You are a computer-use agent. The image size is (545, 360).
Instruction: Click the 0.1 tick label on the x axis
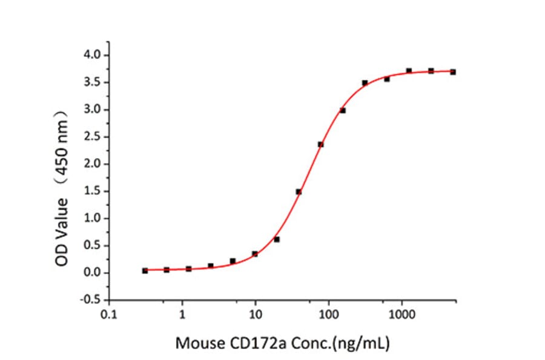[x=109, y=316]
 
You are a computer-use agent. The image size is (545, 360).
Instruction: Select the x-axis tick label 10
[x=256, y=316]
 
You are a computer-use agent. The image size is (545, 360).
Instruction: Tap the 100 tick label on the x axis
[x=329, y=316]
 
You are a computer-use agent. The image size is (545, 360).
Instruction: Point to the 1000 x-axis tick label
[x=402, y=316]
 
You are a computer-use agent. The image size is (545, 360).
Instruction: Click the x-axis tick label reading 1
[x=182, y=316]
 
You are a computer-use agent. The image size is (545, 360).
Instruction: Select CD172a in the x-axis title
[x=249, y=344]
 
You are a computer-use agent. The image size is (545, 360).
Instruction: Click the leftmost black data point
[x=145, y=270]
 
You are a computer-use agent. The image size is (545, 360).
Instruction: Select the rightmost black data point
[x=453, y=72]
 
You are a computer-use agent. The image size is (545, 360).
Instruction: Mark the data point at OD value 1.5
[x=299, y=192]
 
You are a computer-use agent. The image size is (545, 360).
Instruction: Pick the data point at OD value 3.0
[x=343, y=110]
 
